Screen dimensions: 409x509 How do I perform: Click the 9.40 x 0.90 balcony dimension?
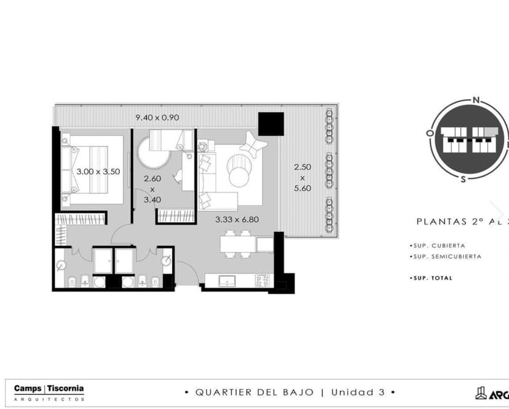point(157,117)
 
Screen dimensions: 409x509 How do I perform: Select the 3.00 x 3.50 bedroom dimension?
point(98,172)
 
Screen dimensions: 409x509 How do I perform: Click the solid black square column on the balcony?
point(270,124)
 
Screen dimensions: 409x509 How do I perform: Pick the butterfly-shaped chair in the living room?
point(254,143)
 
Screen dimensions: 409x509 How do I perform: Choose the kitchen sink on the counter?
point(227,280)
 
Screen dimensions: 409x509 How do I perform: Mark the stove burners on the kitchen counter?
point(262,280)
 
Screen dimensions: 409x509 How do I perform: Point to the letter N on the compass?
point(475,99)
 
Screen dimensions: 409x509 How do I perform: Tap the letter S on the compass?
point(462,179)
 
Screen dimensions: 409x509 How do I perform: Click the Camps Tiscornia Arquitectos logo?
point(49,392)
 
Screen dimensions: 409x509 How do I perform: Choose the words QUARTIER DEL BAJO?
point(255,392)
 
